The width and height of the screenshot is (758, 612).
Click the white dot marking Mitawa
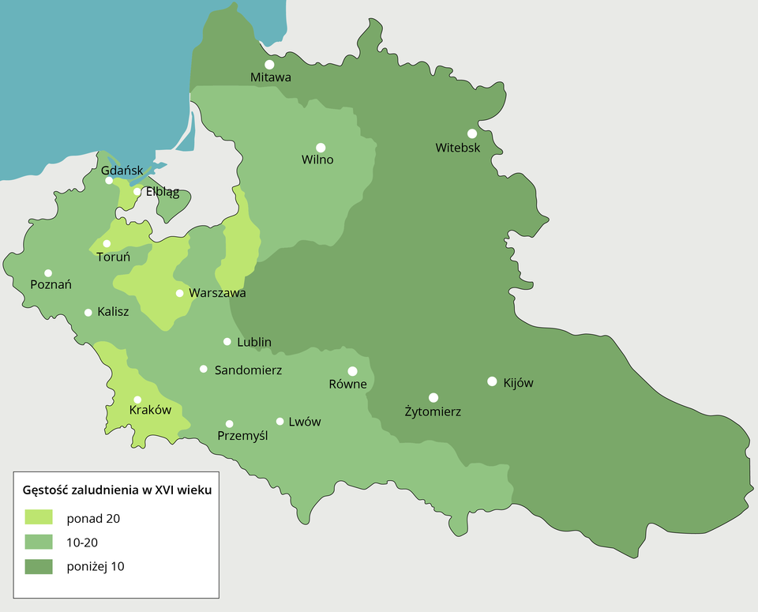pyautogui.click(x=269, y=65)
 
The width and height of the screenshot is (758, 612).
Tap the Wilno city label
pyautogui.click(x=317, y=160)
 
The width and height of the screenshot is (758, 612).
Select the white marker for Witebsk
pyautogui.click(x=472, y=133)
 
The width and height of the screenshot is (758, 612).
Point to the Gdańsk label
pyautogui.click(x=122, y=171)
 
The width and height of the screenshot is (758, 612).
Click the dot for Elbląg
pyautogui.click(x=137, y=191)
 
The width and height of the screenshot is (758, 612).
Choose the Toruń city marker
pyautogui.click(x=107, y=243)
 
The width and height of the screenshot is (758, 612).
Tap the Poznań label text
pyautogui.click(x=51, y=284)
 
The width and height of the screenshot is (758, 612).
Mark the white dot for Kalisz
pyautogui.click(x=88, y=312)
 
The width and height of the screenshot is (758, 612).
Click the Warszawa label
pyautogui.click(x=217, y=293)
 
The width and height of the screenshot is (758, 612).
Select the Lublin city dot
pyautogui.click(x=227, y=342)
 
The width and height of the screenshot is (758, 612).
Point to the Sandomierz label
pyautogui.click(x=248, y=370)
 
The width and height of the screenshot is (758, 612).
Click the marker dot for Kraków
pyautogui.click(x=137, y=400)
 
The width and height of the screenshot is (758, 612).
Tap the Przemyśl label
pyautogui.click(x=242, y=435)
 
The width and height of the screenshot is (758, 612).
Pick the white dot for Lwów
pyautogui.click(x=280, y=422)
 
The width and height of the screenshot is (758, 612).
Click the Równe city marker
pyautogui.click(x=352, y=371)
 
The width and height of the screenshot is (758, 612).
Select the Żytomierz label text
pyautogui.click(x=433, y=411)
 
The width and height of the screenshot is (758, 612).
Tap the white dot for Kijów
pyautogui.click(x=492, y=381)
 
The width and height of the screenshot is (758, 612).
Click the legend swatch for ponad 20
pyautogui.click(x=39, y=517)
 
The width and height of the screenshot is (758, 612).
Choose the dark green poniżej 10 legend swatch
pyautogui.click(x=39, y=566)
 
